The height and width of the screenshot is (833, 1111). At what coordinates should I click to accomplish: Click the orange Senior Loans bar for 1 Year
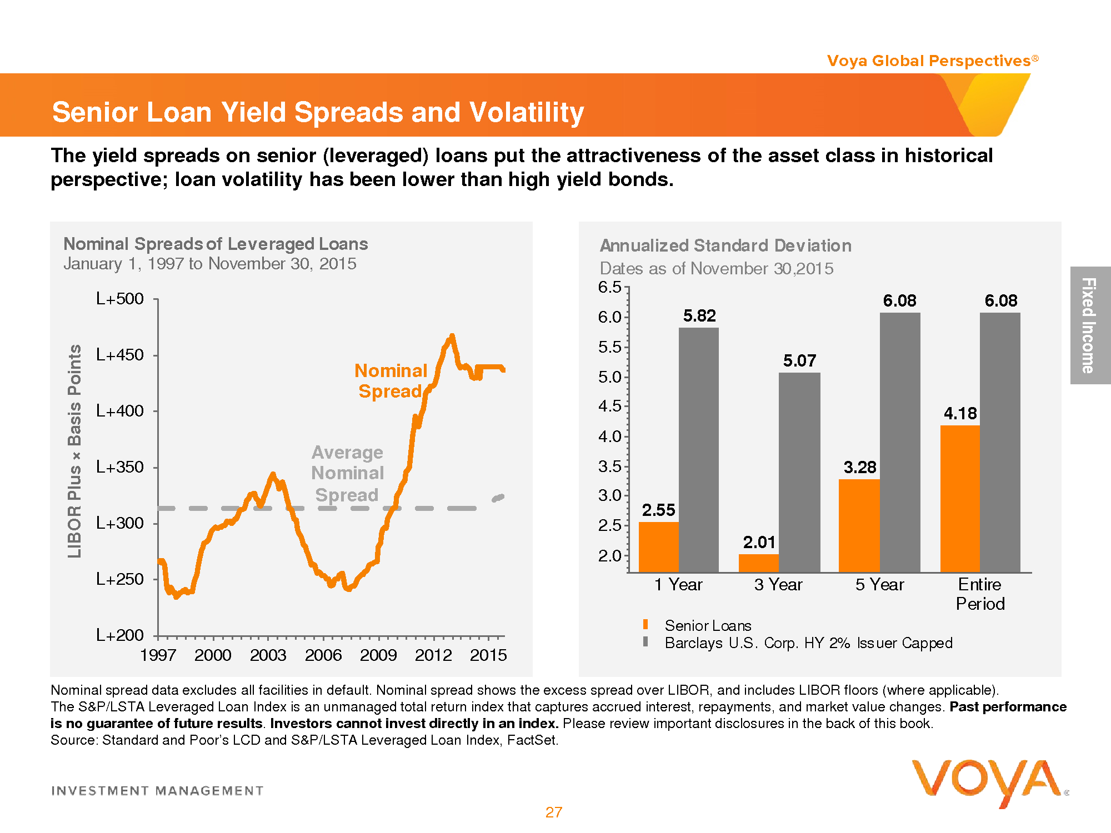(x=658, y=547)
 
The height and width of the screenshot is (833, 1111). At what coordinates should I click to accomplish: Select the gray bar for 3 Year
(x=799, y=472)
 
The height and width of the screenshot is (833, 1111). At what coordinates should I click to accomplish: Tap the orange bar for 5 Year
(x=859, y=525)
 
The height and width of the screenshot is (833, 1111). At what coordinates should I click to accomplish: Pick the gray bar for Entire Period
(x=1000, y=442)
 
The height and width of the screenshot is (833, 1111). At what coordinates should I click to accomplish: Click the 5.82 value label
(x=699, y=316)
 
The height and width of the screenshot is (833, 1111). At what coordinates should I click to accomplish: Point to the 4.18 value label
(x=960, y=414)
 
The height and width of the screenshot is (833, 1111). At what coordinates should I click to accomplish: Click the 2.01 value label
(x=759, y=543)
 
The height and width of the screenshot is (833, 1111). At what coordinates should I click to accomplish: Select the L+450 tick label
(x=120, y=355)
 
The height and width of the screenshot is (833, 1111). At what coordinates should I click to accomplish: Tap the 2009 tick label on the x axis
(x=378, y=655)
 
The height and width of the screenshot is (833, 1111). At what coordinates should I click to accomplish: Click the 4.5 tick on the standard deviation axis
(x=609, y=407)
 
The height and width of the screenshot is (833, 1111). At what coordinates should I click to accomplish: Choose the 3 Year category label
(x=778, y=585)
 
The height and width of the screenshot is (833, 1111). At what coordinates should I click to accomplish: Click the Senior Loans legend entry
(x=707, y=626)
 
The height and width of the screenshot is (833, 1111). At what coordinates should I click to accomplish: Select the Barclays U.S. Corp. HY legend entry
(x=808, y=643)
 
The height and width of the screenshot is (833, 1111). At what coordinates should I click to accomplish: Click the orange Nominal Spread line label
(x=391, y=381)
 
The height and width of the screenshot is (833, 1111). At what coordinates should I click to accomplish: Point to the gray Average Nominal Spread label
(x=347, y=474)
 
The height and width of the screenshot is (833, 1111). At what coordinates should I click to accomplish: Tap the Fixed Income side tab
(x=1089, y=325)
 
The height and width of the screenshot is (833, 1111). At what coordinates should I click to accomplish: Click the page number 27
(x=554, y=812)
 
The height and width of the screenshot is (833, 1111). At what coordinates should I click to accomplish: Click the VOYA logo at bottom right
(x=987, y=781)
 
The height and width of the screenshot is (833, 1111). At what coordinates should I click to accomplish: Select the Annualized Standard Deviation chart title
(x=725, y=245)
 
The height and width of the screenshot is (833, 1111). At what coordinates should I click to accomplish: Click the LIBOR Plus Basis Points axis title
(x=74, y=450)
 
